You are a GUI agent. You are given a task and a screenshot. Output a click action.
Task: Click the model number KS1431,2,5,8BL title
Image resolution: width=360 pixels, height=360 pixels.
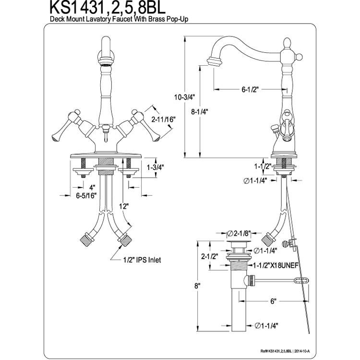pos(108,8)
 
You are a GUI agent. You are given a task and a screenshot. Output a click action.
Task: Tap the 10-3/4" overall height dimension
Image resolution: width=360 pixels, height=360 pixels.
pos(184,97)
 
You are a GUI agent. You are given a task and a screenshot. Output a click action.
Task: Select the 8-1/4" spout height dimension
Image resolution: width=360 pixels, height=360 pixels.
pos(199,112)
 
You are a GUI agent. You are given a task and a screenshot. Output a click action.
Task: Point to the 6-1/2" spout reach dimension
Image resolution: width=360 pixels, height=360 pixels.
pos(250,89)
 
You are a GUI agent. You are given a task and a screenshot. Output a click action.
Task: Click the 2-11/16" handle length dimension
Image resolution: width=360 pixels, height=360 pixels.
pos(163,120)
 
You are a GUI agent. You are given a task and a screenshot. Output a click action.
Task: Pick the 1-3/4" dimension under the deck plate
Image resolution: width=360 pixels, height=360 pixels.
pos(156,168)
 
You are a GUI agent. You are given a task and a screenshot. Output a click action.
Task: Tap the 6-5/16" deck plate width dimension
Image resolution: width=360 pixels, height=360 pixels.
pos(86,196)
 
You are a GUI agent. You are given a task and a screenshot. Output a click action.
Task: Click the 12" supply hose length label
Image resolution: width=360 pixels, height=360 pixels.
pos(123,206)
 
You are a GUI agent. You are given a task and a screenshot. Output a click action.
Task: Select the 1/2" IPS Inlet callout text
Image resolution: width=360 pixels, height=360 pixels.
pos(142,260)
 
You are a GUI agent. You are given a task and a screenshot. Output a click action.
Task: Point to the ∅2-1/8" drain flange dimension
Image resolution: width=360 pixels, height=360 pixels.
pos(239,233)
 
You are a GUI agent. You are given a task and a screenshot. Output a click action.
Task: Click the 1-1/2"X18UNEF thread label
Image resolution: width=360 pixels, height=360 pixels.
pos(276,265)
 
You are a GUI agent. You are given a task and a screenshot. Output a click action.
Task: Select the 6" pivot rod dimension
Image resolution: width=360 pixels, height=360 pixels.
pos(273,301)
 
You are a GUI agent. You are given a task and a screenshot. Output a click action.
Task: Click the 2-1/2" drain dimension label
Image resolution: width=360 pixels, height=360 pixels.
pos(210,256)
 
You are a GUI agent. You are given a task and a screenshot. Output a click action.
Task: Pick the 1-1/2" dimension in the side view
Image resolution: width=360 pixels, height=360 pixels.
pos(263,166)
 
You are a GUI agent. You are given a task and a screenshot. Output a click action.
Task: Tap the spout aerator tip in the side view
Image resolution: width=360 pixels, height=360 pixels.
pos(215,62)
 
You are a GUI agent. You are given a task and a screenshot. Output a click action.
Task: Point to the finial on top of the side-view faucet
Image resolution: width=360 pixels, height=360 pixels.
pos(287,43)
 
